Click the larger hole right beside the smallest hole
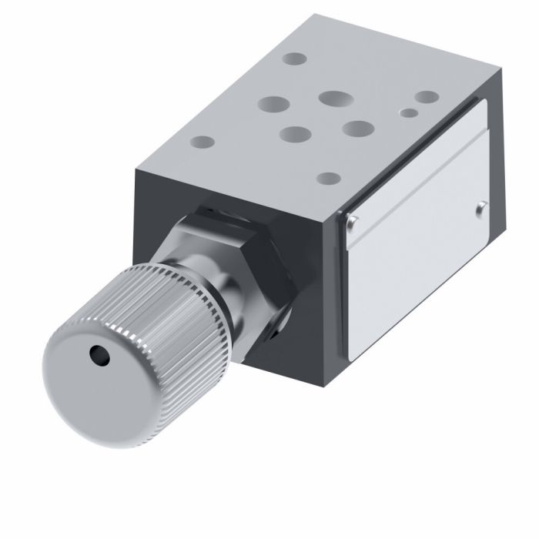(x=426, y=99)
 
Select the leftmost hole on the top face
(x=202, y=142)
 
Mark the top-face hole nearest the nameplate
(x=329, y=179)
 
